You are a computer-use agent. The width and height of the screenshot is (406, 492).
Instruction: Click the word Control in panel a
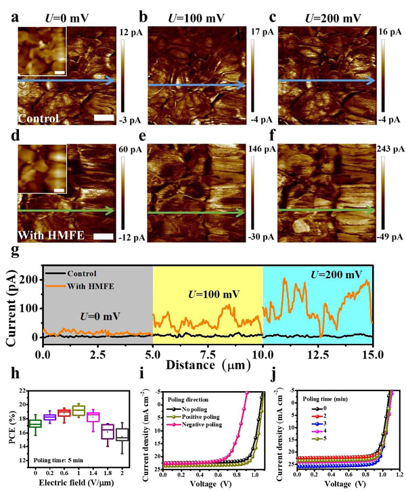pyautogui.click(x=39, y=118)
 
